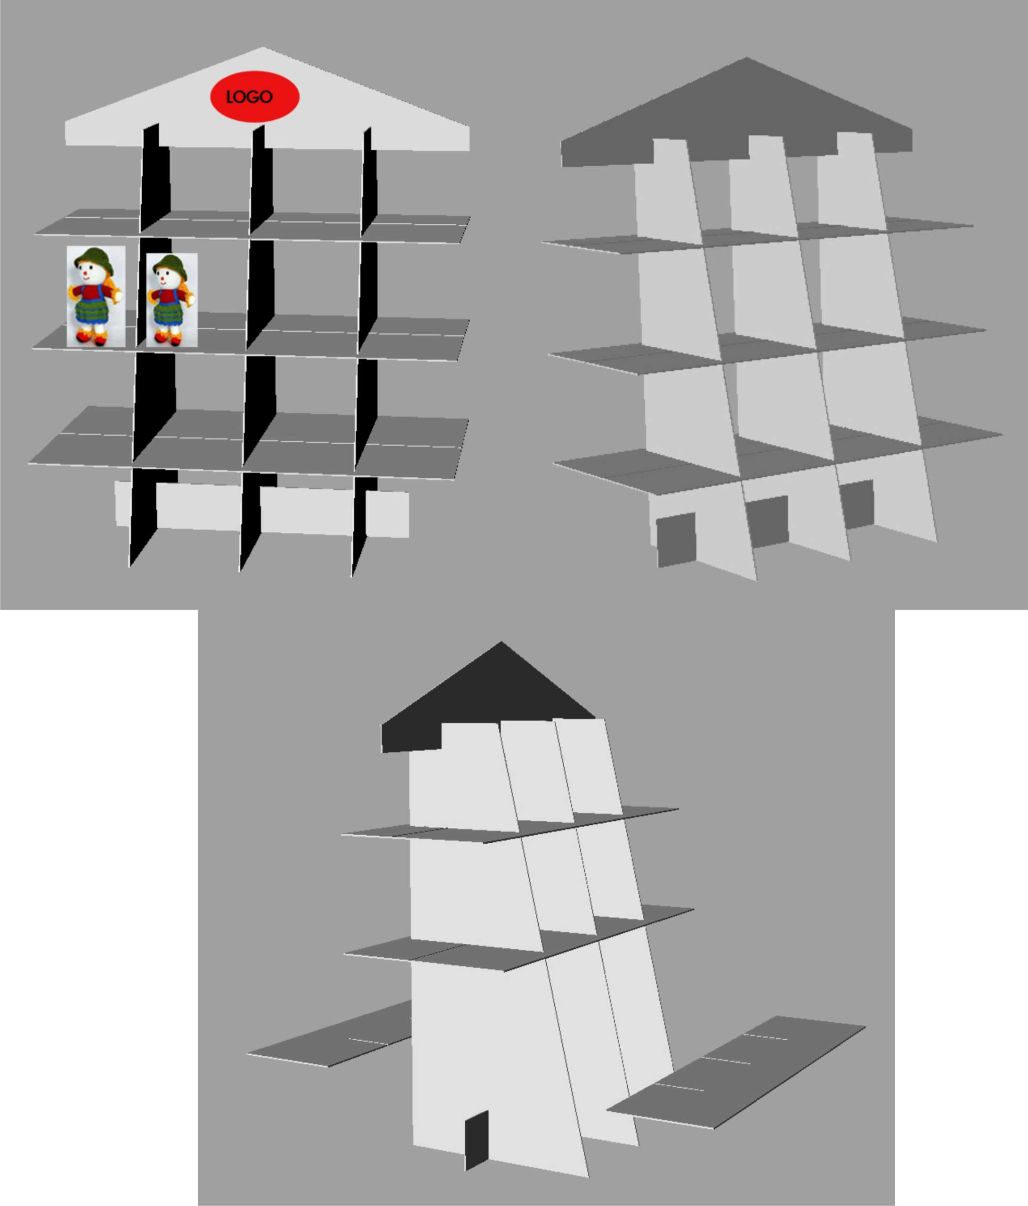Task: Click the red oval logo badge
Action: point(255,97)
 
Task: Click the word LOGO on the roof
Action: point(250,97)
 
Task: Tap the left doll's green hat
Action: point(94,257)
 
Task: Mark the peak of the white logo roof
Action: point(262,47)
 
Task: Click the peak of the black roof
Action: point(501,642)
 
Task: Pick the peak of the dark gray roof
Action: point(746,57)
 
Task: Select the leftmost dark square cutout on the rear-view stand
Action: point(677,539)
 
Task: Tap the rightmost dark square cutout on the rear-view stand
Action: point(858,504)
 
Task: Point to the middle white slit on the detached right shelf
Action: point(726,1060)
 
